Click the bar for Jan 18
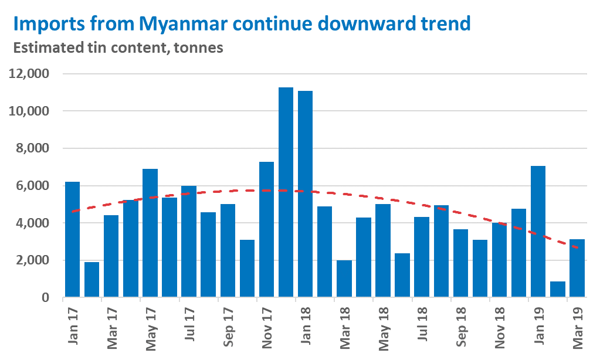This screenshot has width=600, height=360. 305,193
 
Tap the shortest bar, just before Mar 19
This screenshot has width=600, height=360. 558,289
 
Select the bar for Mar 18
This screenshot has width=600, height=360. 344,279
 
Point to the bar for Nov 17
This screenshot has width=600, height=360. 266,229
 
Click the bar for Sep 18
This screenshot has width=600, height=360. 460,263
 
